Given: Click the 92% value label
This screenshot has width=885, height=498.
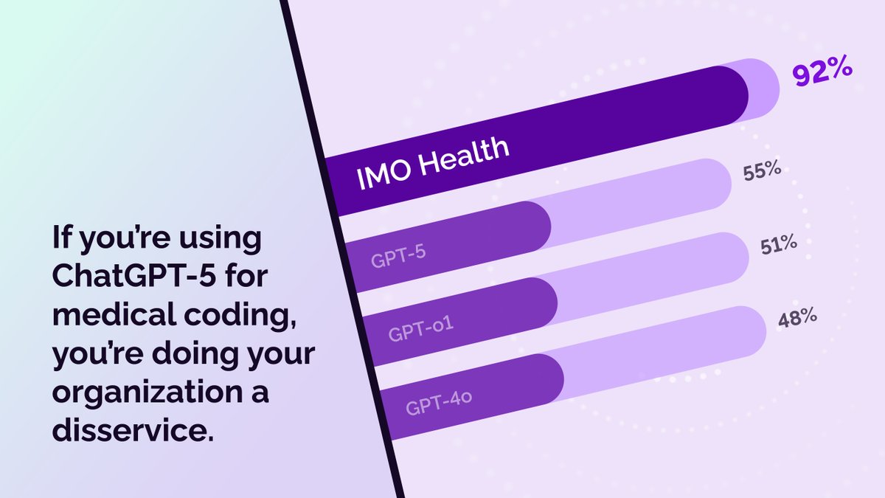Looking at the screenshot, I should pyautogui.click(x=822, y=74).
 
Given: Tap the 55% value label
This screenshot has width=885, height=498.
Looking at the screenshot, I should pyautogui.click(x=760, y=172).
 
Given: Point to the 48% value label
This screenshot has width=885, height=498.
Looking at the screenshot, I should pyautogui.click(x=796, y=318).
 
